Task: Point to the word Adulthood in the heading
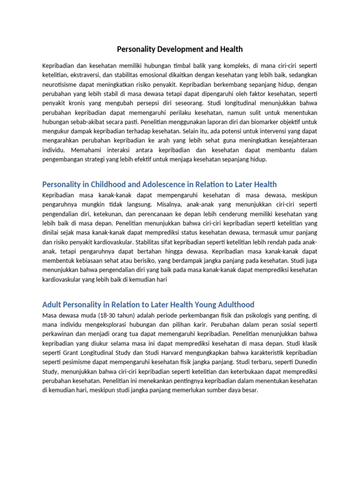[x=235, y=305]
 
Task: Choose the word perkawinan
[x=60, y=335]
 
